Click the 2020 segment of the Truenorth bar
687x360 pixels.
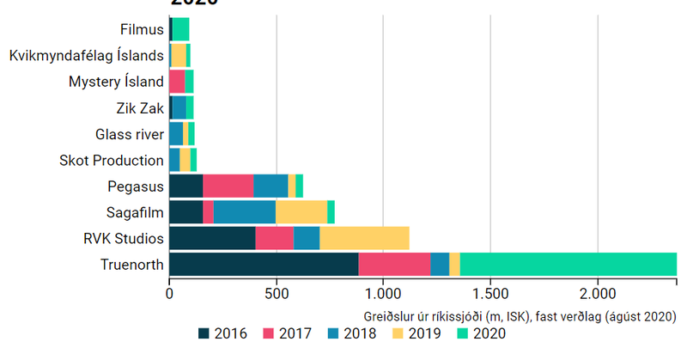568,265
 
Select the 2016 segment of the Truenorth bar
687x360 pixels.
264,265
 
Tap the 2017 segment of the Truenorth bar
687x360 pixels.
394,265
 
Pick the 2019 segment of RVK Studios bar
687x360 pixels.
364,238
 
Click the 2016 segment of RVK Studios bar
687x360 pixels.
212,238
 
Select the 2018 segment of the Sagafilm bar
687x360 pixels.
245,212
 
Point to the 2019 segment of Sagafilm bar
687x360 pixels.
301,212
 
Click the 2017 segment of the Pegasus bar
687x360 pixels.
228,186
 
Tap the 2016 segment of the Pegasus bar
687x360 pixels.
185,186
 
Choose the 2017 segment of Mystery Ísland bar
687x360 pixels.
177,82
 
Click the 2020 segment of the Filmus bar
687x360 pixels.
180,30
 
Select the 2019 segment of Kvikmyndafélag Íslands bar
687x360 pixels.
179,56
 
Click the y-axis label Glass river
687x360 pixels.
129,134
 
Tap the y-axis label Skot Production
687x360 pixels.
112,160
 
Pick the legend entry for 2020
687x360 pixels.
480,334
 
